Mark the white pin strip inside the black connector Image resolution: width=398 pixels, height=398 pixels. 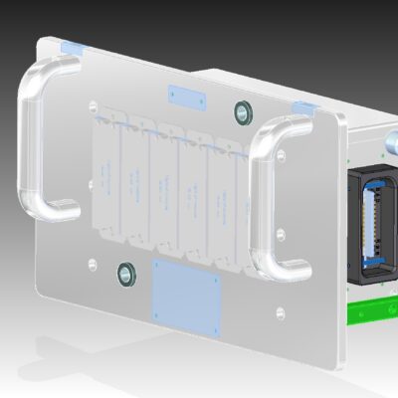click(374, 224)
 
